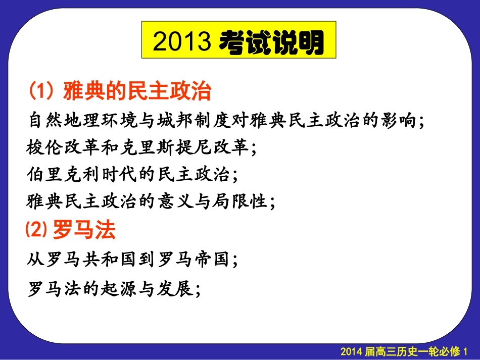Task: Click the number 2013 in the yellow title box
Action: (181, 43)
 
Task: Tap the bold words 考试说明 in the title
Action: (272, 43)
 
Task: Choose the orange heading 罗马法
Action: (84, 231)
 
